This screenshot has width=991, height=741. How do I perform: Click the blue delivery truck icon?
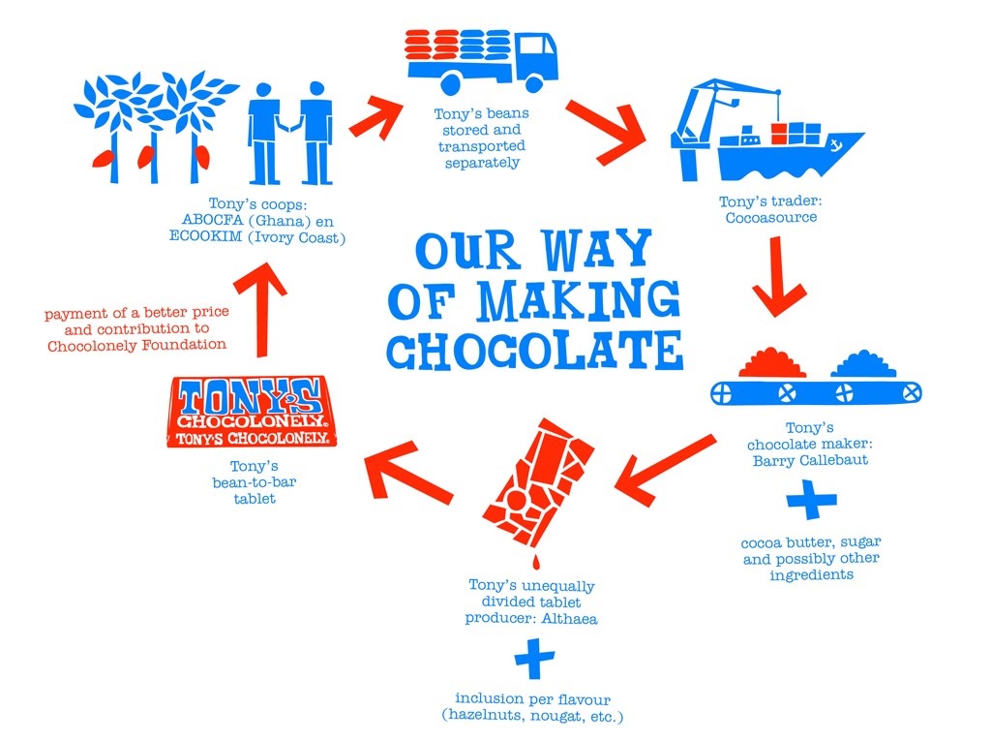pos(481,60)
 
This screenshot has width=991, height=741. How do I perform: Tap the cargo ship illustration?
pos(774,140)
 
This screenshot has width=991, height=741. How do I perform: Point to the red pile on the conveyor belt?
pos(771,364)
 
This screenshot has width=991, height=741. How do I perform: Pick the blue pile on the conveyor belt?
pos(863,364)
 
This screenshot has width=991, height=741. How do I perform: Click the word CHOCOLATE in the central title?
pos(535,351)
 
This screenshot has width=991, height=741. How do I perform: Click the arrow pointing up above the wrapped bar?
pos(259,306)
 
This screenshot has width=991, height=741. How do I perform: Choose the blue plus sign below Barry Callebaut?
pos(810,502)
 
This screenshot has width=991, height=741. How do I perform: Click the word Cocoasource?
pos(770,218)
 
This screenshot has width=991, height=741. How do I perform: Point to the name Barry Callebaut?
pos(810,460)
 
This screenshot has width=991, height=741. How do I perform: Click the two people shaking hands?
pos(289,133)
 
